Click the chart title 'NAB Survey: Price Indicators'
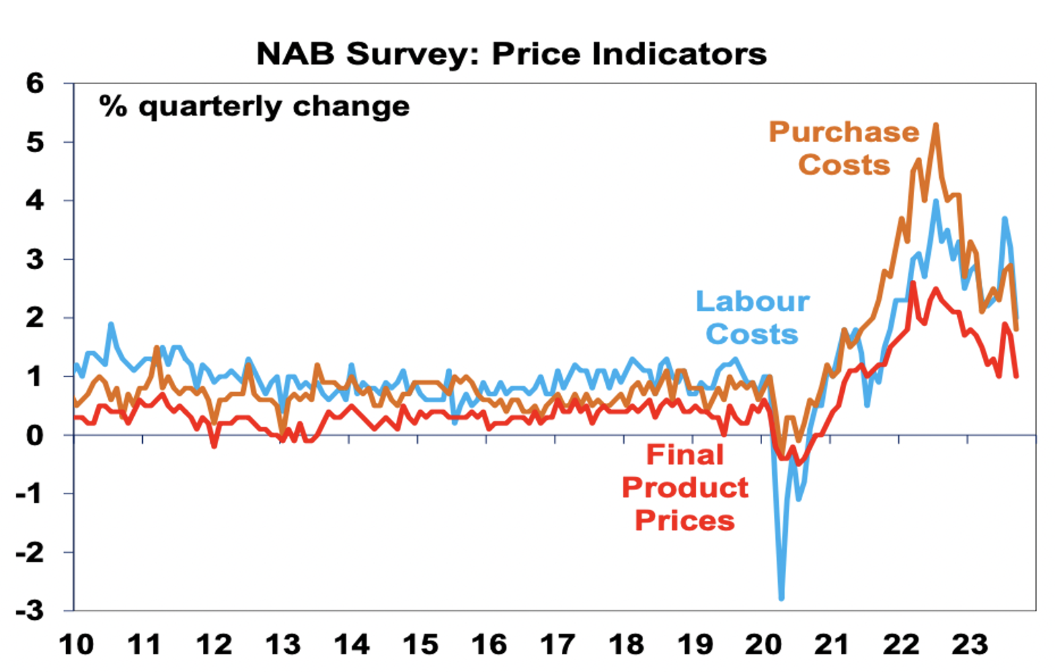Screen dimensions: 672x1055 tap(511, 54)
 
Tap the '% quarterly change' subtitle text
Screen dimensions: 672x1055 tap(254, 106)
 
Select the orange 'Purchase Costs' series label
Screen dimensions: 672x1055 tap(843, 148)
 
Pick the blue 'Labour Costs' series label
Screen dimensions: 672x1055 tap(752, 317)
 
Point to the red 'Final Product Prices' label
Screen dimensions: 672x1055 tap(685, 487)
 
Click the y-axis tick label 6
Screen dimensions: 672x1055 tap(34, 83)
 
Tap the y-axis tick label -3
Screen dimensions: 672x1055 tap(30, 610)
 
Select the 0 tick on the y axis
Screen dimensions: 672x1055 tap(34, 435)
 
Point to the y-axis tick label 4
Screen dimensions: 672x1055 tap(34, 200)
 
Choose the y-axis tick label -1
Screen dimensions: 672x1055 tap(30, 493)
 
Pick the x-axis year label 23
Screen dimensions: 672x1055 tap(969, 644)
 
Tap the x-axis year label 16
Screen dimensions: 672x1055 tap(488, 644)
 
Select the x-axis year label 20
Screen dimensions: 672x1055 tap(763, 644)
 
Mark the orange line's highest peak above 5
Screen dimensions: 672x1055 tap(936, 125)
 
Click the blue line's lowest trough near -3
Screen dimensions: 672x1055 tap(781, 599)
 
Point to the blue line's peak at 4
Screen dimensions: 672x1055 tap(936, 201)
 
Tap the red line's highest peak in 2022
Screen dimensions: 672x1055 tap(913, 283)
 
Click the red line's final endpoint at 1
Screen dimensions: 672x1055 tap(1016, 376)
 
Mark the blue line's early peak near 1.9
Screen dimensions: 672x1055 tap(111, 324)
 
